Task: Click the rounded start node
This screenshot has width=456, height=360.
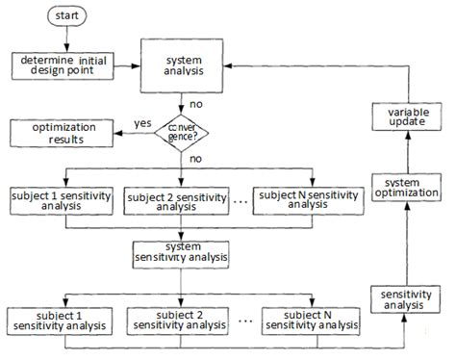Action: (67, 17)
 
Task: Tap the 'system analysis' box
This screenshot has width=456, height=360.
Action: (182, 65)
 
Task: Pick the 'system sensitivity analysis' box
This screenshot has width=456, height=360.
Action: (182, 251)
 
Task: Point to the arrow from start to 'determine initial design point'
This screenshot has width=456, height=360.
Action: (67, 39)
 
